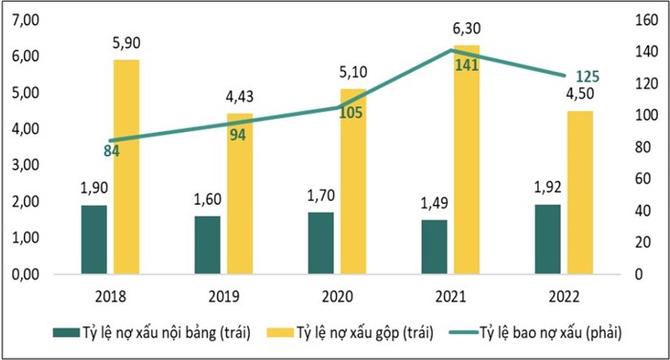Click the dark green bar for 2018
tap(94, 239)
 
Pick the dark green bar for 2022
tap(547, 238)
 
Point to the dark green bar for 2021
tap(434, 247)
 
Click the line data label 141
tap(467, 66)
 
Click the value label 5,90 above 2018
tap(127, 43)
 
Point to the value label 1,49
tap(434, 203)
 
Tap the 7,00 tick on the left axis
tap(24, 20)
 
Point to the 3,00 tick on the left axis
tap(24, 166)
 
